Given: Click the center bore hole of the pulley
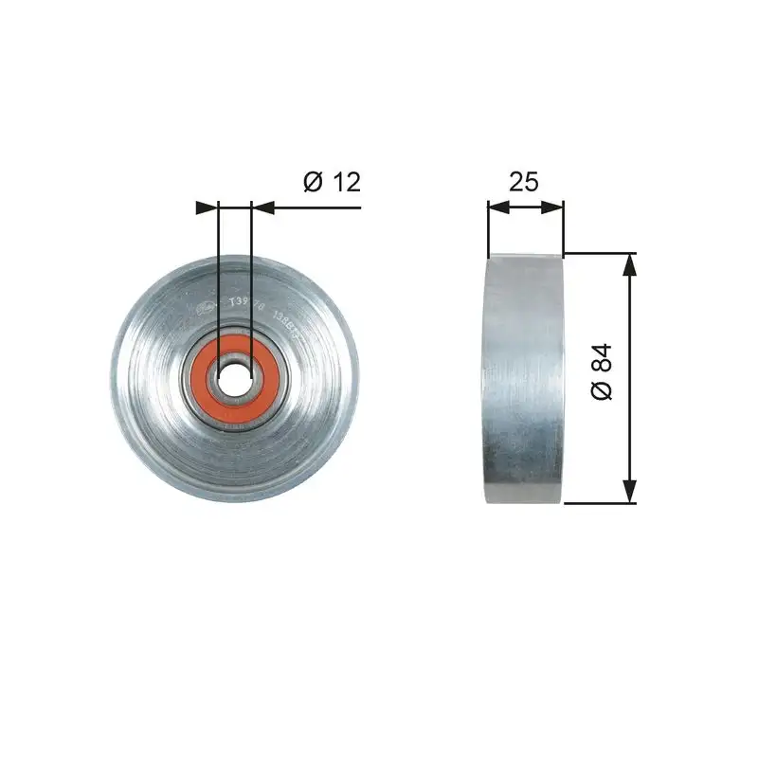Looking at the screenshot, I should [x=235, y=377].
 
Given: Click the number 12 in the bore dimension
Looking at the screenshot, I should [x=347, y=181].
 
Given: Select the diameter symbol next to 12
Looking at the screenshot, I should [x=315, y=181].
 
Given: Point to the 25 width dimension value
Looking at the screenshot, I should [x=523, y=181].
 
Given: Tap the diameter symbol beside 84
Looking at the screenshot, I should [x=603, y=391].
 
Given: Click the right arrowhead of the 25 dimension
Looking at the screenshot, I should [x=554, y=207].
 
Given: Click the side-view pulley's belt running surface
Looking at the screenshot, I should [x=524, y=379].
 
